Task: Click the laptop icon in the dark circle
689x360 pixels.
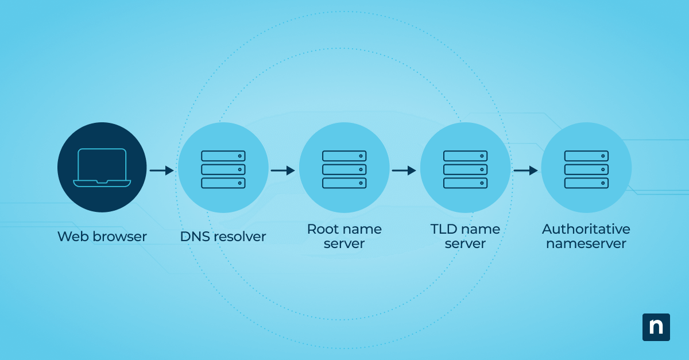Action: (102, 167)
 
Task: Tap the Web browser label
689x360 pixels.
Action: (102, 237)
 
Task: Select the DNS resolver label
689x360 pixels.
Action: (223, 237)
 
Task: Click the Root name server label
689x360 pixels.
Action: (344, 236)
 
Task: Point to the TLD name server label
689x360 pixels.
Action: (465, 236)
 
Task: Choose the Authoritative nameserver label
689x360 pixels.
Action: (586, 236)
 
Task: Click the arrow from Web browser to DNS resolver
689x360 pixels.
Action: (161, 171)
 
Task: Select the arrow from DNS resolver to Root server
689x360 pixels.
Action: (282, 171)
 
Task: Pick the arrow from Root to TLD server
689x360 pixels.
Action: (404, 171)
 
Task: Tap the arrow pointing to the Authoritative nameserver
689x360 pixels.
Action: (525, 171)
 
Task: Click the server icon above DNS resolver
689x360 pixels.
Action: (223, 169)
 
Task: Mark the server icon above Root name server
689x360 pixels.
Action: (344, 169)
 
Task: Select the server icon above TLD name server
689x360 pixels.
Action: (465, 169)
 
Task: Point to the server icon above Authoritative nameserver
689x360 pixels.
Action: (586, 169)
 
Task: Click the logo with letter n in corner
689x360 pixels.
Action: (656, 327)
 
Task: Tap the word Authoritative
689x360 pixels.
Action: (586, 229)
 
